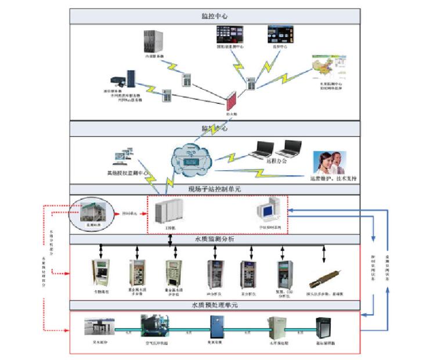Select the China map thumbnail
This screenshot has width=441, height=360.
[x=327, y=70]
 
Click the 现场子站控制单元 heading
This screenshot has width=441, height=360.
[x=215, y=189]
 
